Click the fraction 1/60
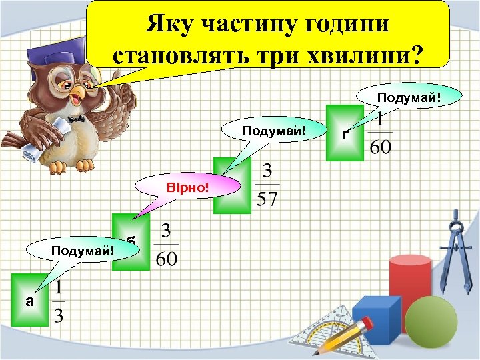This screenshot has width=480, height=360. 381,134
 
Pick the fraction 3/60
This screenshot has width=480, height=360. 166,245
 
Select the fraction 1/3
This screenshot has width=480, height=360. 59,302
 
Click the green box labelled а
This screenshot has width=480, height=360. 29,300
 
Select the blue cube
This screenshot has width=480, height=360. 375,320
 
